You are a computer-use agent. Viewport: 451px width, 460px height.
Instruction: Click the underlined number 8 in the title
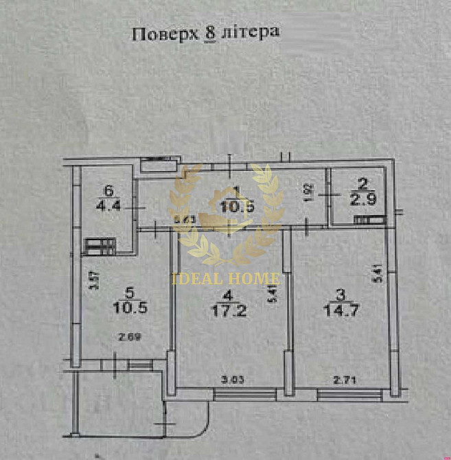point(210,34)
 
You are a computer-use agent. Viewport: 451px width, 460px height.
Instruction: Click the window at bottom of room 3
point(349,394)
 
